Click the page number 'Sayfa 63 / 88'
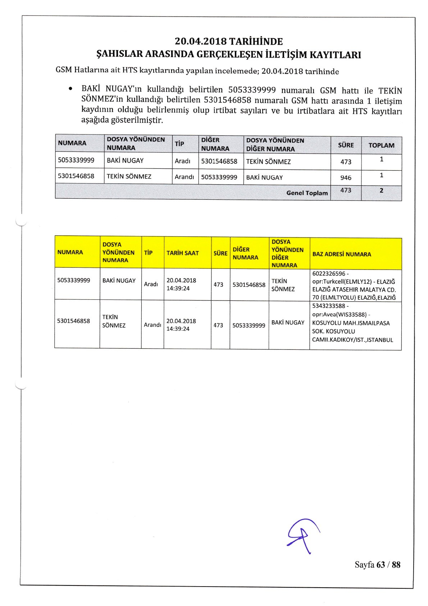pos(377,565)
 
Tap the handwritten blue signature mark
pos(303,535)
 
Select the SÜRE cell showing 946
pos(346,177)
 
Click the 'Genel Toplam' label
pos(307,193)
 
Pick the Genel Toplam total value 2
pos(381,191)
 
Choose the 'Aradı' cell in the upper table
pos(182,161)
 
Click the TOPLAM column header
pos(381,145)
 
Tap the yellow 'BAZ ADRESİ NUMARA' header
pos(341,254)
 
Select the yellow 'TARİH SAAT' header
pos(183,253)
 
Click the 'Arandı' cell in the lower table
pos(152,325)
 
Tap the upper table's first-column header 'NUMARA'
pos(72,143)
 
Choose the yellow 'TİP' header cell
pos(148,253)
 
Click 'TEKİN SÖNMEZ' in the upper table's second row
pos(129,177)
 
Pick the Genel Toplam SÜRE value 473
pos(346,190)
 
